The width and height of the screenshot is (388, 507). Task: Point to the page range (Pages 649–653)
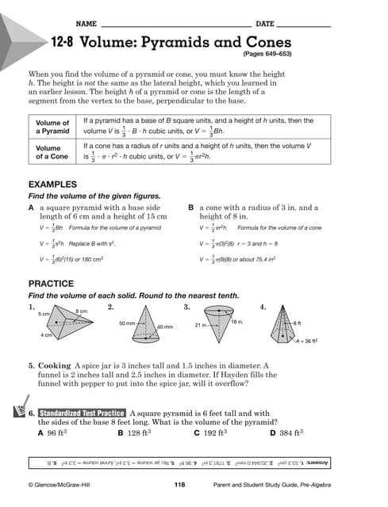tap(266, 55)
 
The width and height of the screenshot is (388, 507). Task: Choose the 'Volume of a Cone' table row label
tap(53, 151)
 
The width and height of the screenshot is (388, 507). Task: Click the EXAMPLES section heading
tap(52, 184)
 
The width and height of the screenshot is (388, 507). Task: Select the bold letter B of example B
tap(190, 208)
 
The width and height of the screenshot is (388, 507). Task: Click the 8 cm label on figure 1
tap(81, 311)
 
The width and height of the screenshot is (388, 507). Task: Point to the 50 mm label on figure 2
tap(126, 323)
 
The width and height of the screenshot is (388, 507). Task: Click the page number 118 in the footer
tap(179, 483)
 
